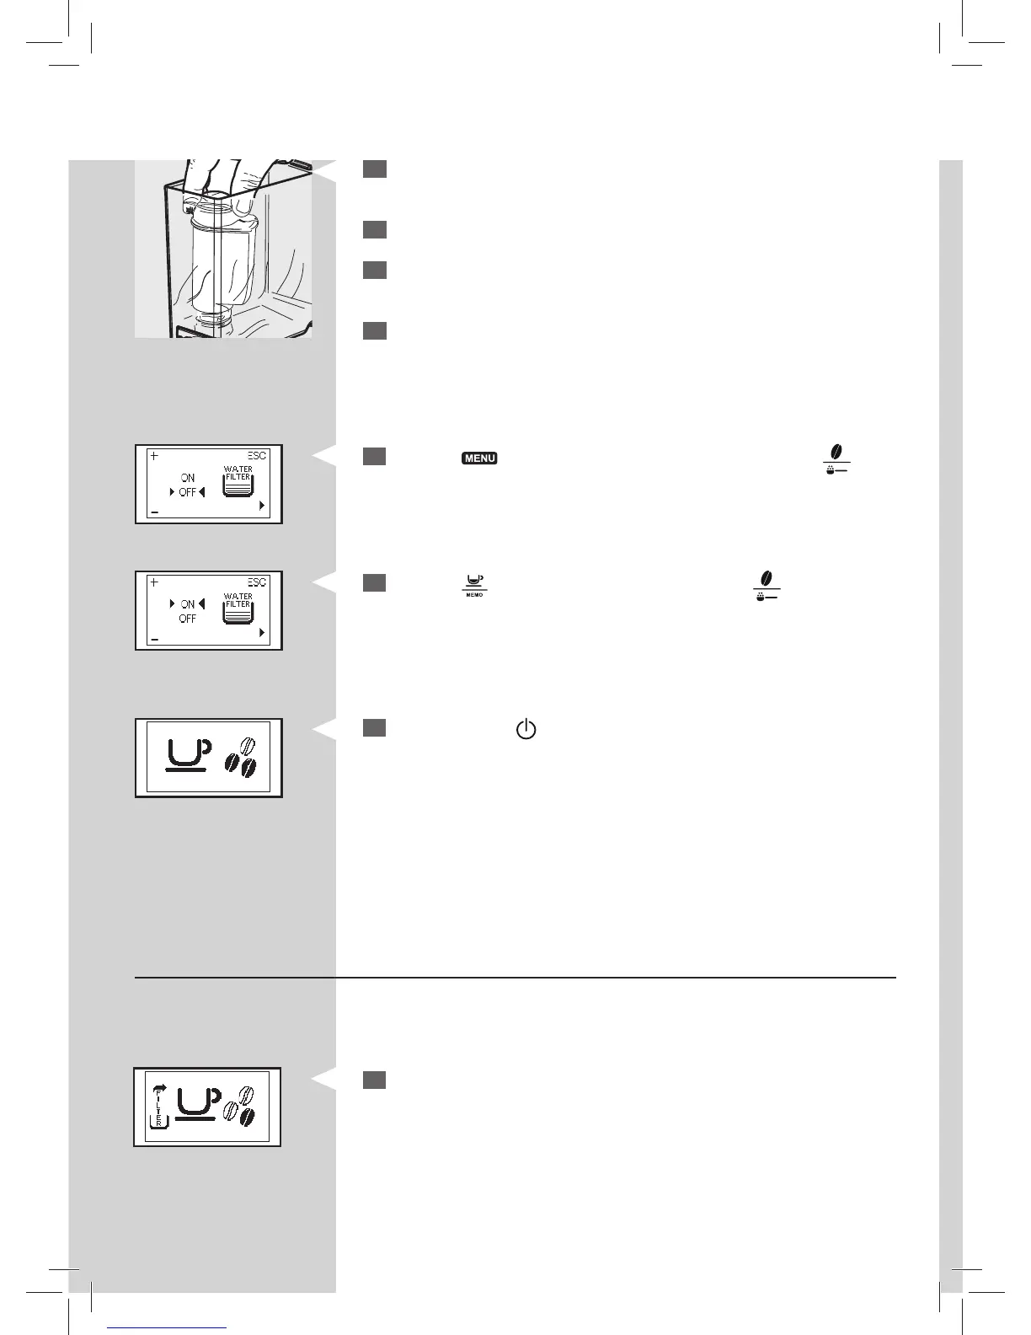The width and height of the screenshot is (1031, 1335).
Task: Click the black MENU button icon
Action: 479,458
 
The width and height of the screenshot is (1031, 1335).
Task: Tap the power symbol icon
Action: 526,730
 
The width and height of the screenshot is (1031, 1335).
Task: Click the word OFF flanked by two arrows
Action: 187,492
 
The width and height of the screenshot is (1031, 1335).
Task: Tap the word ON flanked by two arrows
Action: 187,604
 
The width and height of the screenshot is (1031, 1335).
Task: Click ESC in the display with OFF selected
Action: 257,456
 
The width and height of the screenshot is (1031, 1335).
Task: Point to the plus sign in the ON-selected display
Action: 154,582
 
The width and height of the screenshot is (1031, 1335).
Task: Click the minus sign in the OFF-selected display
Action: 154,512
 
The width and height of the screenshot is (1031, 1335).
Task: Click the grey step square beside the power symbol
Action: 375,727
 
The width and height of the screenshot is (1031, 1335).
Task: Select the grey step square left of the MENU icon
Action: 375,457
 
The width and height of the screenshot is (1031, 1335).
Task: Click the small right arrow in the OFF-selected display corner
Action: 263,506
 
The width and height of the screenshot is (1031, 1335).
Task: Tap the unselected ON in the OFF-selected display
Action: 187,478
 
